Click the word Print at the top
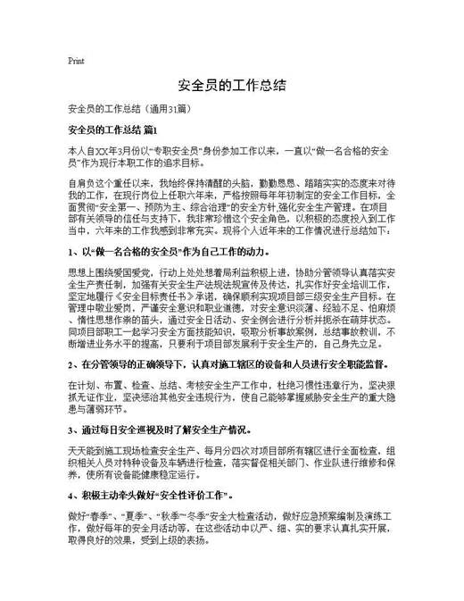point(76,61)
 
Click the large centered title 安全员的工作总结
point(231,85)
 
